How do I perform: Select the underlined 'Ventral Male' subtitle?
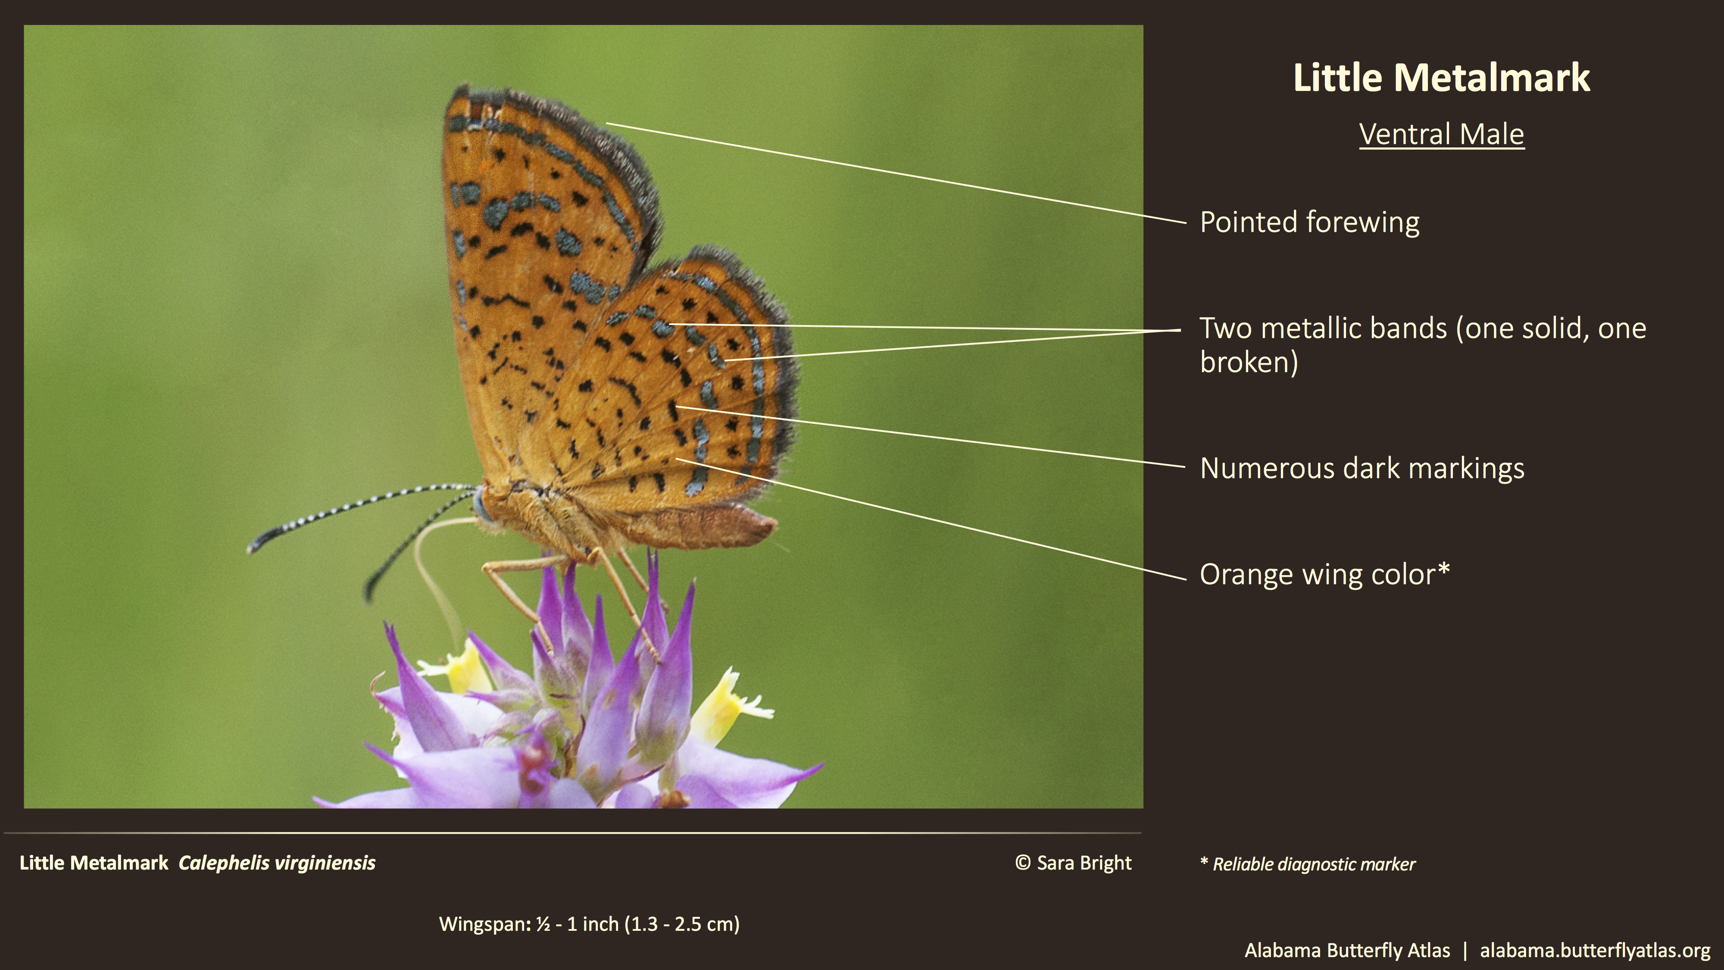tap(1442, 135)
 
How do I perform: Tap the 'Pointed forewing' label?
tap(1309, 222)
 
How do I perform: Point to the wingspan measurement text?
tap(589, 924)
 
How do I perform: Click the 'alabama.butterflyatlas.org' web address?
tap(1595, 951)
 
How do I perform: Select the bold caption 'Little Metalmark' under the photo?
tap(94, 863)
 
